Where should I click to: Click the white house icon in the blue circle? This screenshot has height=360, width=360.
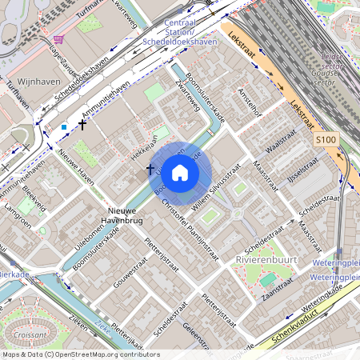pos(180,172)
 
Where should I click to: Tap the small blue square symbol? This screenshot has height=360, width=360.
pos(64,126)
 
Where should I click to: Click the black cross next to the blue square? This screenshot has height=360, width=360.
pos(82,125)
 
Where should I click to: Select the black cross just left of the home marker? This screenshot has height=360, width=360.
pos(150,169)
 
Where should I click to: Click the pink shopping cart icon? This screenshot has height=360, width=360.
pos(58,38)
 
